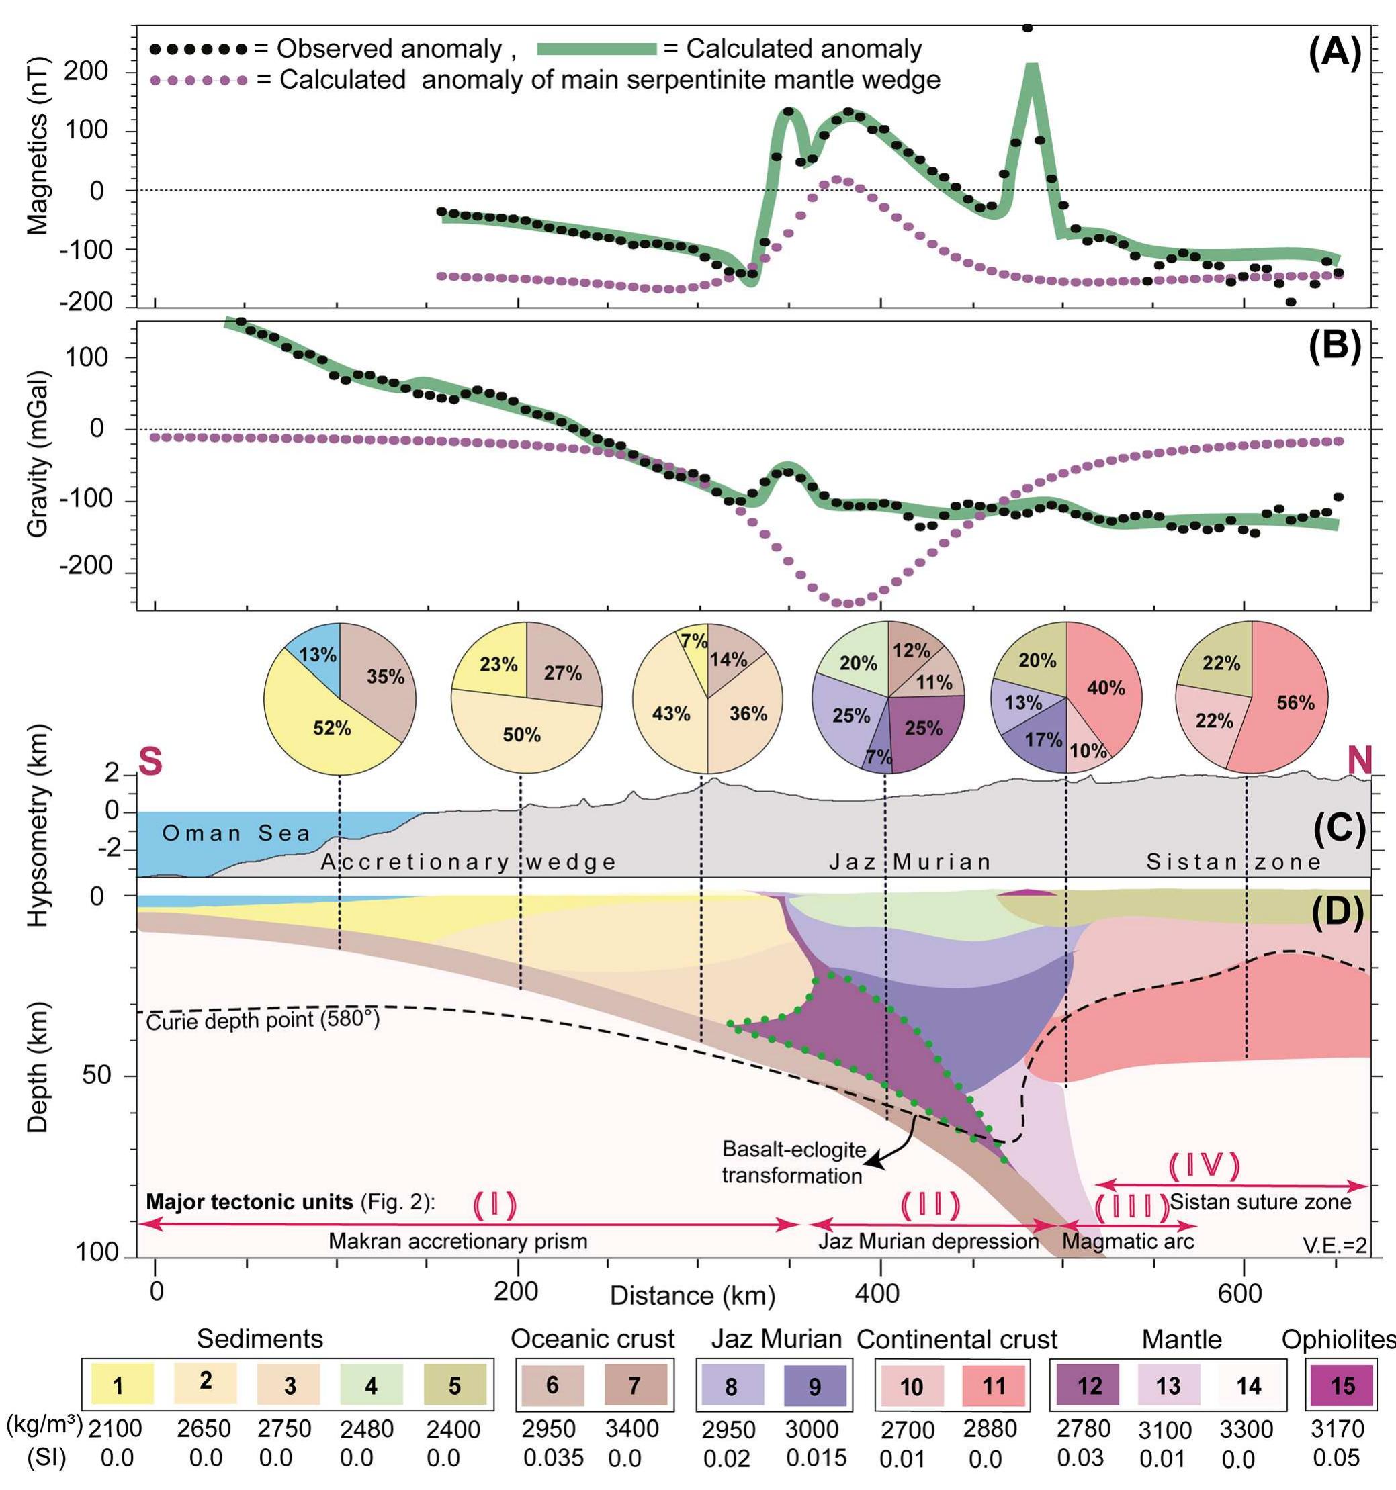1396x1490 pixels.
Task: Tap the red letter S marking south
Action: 150,763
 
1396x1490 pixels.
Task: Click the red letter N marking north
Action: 1358,762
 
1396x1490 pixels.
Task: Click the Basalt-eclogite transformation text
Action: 793,1162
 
